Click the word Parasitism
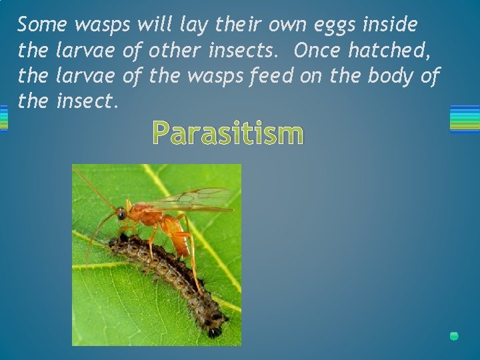(227, 133)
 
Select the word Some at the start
(43, 25)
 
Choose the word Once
(317, 51)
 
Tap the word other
(175, 51)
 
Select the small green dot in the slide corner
(454, 336)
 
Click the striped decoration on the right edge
(465, 119)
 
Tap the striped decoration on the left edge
(3, 119)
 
